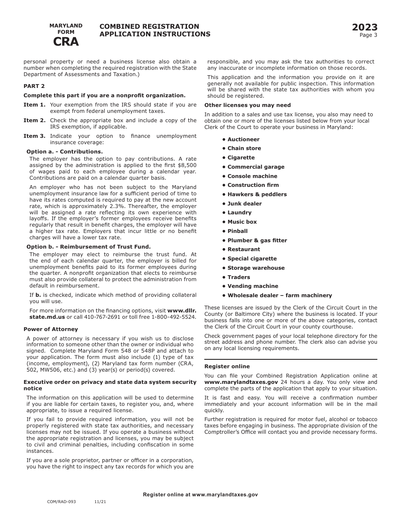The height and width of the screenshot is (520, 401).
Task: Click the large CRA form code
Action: [x=66, y=41]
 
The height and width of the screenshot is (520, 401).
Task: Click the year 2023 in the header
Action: [x=365, y=27]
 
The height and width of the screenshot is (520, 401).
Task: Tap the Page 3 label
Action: [x=368, y=35]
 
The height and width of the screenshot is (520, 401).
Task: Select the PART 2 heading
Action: [x=34, y=86]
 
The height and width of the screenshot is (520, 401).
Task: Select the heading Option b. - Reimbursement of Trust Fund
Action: [x=88, y=247]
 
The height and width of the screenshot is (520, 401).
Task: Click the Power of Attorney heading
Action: [x=51, y=329]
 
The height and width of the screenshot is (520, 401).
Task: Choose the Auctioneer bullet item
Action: [x=243, y=140]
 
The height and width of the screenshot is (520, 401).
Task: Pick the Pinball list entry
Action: [x=237, y=231]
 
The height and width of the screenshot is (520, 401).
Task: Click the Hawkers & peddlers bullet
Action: [x=257, y=194]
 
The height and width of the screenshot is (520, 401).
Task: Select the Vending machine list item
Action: [x=252, y=286]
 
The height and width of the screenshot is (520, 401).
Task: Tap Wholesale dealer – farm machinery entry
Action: [x=279, y=296]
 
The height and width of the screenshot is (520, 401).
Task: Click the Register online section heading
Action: [x=227, y=367]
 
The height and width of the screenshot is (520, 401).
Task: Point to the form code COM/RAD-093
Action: [x=62, y=501]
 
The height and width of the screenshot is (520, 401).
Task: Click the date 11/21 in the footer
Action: [x=100, y=501]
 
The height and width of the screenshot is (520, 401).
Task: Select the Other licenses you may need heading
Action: [x=247, y=105]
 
